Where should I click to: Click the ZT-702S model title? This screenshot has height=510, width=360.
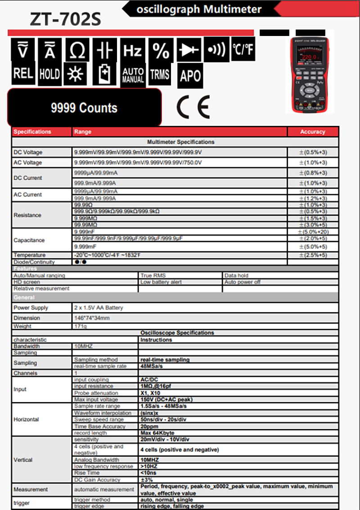[x=66, y=19]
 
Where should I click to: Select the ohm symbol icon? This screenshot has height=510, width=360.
[x=77, y=50]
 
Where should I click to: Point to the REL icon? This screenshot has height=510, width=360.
[x=23, y=73]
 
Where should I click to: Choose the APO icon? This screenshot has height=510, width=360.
[x=190, y=76]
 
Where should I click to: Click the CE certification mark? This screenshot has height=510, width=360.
[x=193, y=107]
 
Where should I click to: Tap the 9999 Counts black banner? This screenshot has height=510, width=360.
[x=84, y=108]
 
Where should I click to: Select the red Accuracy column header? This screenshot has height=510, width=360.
[x=312, y=132]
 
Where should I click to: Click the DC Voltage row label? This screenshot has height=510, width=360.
[x=28, y=152]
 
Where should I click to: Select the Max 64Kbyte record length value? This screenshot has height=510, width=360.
[x=157, y=433]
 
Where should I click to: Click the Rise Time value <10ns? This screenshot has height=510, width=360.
[x=150, y=473]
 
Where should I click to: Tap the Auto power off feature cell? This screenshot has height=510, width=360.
[x=242, y=282]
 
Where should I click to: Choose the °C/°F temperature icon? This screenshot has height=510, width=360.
[x=243, y=49]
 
